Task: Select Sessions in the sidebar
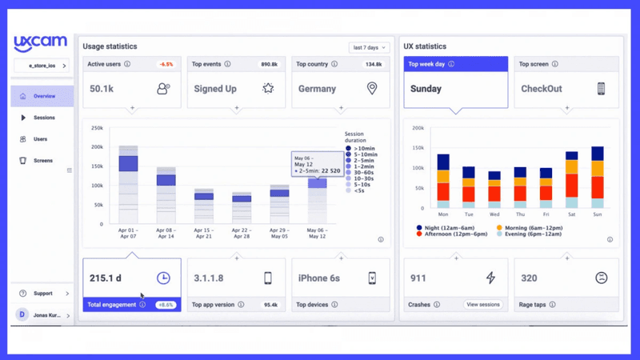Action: click(x=44, y=118)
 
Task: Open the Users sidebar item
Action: click(x=40, y=139)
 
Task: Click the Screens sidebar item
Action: click(x=42, y=161)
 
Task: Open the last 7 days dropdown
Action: click(x=369, y=48)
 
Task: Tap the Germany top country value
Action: click(x=317, y=89)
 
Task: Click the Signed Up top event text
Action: click(x=214, y=89)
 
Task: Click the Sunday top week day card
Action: click(x=426, y=89)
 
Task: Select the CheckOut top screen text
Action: click(x=541, y=89)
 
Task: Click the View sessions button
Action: click(x=483, y=305)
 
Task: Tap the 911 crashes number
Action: click(x=418, y=278)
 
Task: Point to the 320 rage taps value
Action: click(x=529, y=278)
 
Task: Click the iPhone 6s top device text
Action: click(x=318, y=278)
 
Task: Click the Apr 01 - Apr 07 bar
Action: click(x=128, y=185)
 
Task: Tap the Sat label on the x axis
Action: click(x=571, y=215)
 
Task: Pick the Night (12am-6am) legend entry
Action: click(x=449, y=228)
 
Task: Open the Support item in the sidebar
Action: click(x=43, y=294)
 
